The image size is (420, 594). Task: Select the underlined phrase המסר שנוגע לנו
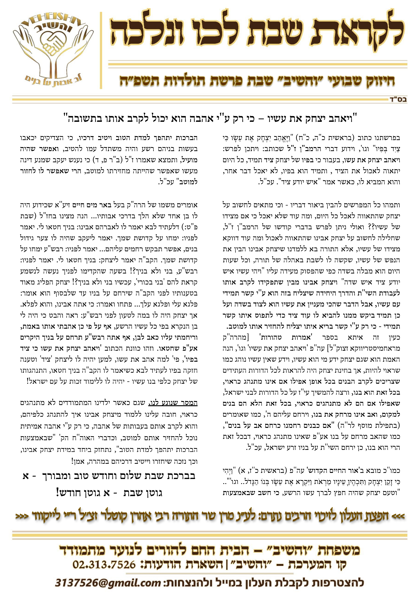coord(173,403)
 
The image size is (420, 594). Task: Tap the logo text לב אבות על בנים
coord(53,81)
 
